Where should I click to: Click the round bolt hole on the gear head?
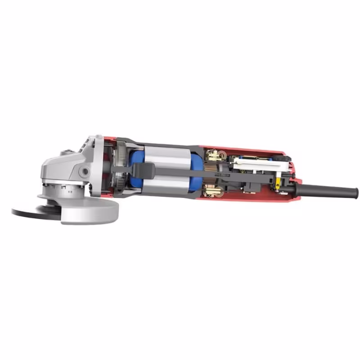pos(84,171)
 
